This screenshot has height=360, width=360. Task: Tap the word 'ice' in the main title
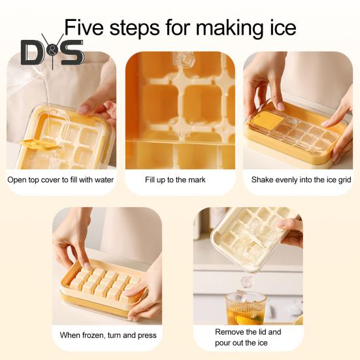click(x=278, y=27)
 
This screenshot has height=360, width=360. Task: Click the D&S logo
click(x=52, y=51)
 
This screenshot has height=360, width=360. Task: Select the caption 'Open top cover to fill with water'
click(x=60, y=179)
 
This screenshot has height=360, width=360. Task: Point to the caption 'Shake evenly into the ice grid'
click(x=298, y=179)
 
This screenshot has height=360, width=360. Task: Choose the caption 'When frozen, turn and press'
click(x=108, y=335)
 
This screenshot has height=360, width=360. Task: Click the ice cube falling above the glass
click(x=246, y=281)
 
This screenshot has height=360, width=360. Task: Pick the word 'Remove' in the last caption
click(x=229, y=332)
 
